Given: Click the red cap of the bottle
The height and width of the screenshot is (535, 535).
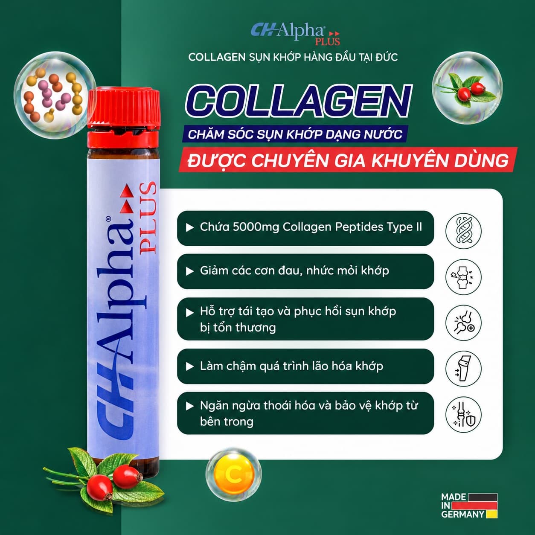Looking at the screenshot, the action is pyautogui.click(x=124, y=118).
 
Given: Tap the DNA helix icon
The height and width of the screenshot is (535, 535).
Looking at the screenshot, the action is pyautogui.click(x=463, y=231).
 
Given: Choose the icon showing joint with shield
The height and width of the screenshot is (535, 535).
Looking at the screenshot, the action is pyautogui.click(x=463, y=415).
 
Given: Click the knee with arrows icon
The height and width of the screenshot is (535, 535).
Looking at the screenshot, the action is pyautogui.click(x=463, y=369).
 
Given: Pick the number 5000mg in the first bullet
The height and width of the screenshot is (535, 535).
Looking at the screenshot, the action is pyautogui.click(x=256, y=227).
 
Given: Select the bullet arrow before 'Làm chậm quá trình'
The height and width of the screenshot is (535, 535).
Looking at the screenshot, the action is pyautogui.click(x=189, y=366).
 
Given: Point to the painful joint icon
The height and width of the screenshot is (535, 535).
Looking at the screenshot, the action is pyautogui.click(x=463, y=277).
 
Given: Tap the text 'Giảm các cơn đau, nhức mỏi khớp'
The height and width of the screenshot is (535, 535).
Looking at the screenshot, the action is pyautogui.click(x=294, y=270).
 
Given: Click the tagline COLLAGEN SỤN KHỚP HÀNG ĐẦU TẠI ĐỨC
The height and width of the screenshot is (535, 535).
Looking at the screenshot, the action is pyautogui.click(x=293, y=58).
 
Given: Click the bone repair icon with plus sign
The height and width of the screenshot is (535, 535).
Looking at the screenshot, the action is pyautogui.click(x=463, y=323).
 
